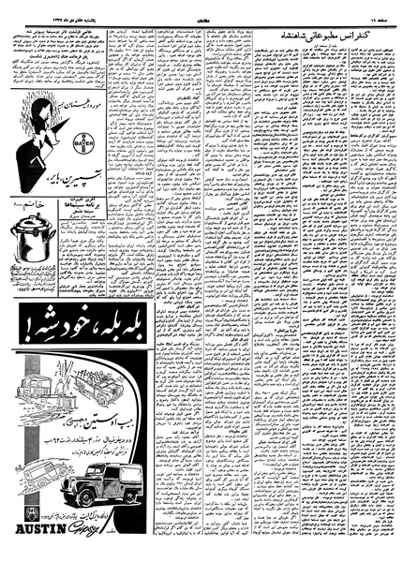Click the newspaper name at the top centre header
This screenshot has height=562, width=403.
click(x=201, y=14)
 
